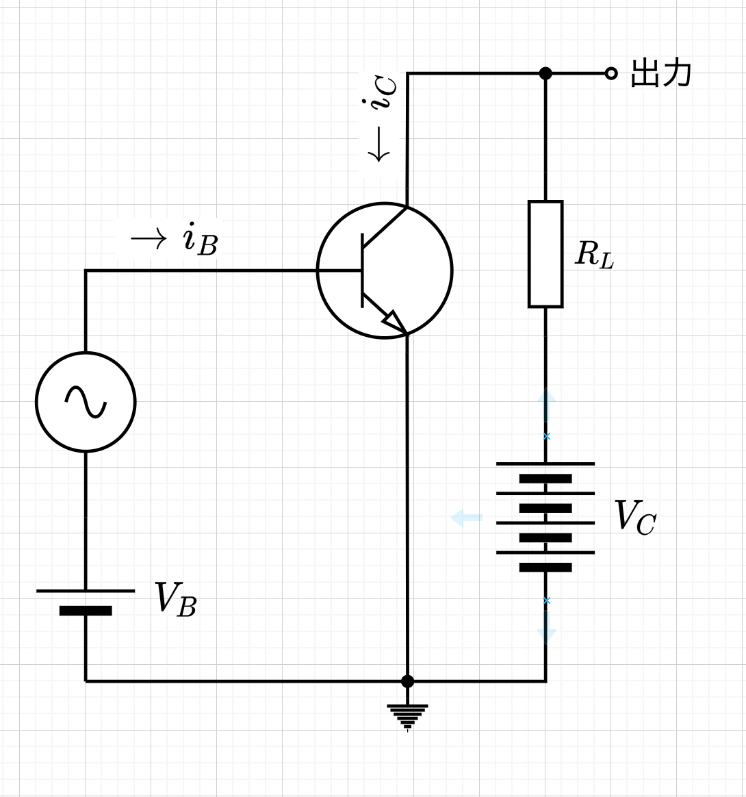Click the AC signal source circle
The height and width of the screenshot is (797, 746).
[x=86, y=352]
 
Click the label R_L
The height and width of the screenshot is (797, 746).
[x=594, y=254]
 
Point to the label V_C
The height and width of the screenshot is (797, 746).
[x=635, y=517]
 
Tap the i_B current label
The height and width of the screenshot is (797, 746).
[x=201, y=239]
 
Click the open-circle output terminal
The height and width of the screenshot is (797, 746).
[x=611, y=74]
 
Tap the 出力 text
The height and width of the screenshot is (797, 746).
[x=660, y=73]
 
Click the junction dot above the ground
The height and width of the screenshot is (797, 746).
[x=407, y=681]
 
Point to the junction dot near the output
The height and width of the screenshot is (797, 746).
[x=545, y=74]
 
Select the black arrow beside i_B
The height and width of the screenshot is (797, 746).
[x=149, y=238]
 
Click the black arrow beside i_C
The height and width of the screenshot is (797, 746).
[x=378, y=144]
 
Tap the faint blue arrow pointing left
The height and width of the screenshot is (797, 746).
[x=466, y=518]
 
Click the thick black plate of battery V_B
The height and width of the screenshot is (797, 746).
[x=86, y=611]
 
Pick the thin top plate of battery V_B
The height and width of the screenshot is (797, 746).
[x=86, y=591]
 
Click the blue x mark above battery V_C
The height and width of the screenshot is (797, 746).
[x=547, y=436]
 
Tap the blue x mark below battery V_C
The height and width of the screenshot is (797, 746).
[x=547, y=600]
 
